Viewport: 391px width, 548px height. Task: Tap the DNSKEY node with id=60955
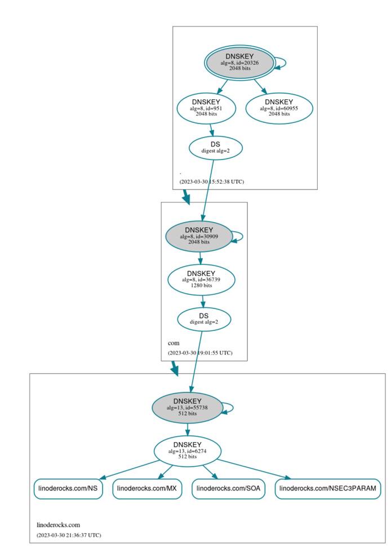[x=279, y=108]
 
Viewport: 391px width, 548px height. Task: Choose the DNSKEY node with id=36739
[x=201, y=279]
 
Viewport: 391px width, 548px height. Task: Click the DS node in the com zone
[x=204, y=320]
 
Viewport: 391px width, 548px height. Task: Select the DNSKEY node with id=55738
[x=187, y=407]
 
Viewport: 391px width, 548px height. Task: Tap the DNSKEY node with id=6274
[x=187, y=450]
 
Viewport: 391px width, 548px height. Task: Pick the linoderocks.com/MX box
[x=148, y=489]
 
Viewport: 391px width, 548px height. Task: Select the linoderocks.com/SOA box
[x=228, y=489]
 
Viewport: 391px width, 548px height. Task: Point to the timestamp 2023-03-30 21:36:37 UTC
[x=69, y=534]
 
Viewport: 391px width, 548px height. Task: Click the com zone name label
[x=173, y=343]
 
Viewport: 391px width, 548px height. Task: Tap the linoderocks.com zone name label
[x=59, y=524]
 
